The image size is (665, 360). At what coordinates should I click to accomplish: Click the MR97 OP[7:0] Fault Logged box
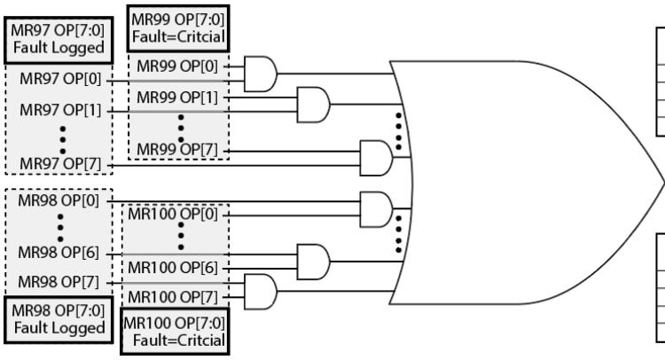tap(59, 40)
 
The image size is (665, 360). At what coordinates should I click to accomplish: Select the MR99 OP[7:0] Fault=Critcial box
tap(178, 28)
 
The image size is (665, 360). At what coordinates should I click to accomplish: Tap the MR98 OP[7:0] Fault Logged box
tap(59, 319)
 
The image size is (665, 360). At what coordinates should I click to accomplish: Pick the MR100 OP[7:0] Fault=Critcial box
tap(175, 331)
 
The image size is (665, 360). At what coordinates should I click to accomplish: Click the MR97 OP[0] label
tap(60, 79)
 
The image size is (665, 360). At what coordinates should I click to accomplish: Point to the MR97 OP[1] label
tap(60, 110)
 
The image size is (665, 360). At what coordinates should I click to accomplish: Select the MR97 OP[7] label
tap(60, 164)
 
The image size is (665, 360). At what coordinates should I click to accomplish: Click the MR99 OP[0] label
tap(177, 67)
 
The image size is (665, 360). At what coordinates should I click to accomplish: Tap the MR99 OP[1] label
tap(177, 98)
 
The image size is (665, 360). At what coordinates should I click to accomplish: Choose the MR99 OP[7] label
tap(177, 150)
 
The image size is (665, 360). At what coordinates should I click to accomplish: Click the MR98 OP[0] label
tap(59, 200)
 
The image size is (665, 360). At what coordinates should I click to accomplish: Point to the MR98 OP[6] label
tap(59, 253)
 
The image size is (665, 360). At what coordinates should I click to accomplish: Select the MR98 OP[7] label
tap(59, 282)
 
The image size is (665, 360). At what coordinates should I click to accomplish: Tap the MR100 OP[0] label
tap(173, 214)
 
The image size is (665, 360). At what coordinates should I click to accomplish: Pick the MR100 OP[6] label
tap(173, 268)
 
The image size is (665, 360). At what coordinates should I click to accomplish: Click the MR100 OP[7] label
tap(173, 297)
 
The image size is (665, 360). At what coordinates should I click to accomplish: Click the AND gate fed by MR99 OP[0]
tap(261, 74)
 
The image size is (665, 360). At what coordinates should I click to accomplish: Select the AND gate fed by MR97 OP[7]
tap(376, 158)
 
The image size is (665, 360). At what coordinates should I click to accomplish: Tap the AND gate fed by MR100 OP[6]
tap(313, 262)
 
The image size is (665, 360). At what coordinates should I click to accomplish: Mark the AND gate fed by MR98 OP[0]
tap(376, 209)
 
